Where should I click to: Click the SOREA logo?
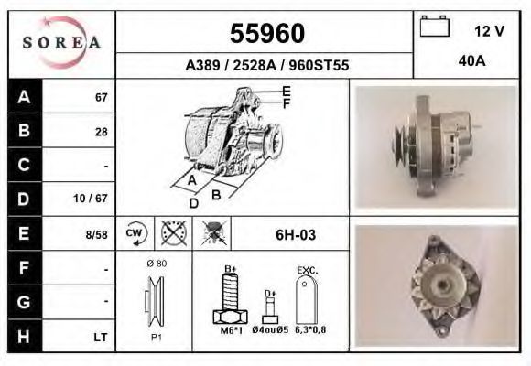point(61,42)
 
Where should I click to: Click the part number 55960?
point(267,33)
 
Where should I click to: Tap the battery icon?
point(435,26)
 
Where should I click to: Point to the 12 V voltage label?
point(489,31)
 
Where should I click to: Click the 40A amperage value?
point(471,61)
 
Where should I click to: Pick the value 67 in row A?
point(102,98)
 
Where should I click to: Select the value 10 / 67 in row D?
point(91,198)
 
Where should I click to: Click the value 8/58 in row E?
point(96,234)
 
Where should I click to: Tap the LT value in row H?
point(101,338)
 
